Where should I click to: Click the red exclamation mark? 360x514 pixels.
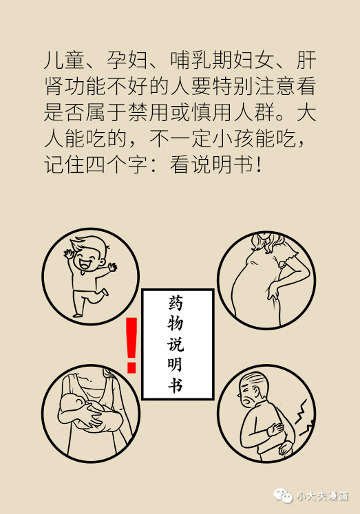131,345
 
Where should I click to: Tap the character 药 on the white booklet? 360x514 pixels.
176,303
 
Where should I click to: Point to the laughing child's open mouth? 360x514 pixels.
85,264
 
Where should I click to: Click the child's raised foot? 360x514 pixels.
105,292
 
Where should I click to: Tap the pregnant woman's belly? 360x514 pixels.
246,285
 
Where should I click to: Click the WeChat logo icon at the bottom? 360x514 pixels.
283,495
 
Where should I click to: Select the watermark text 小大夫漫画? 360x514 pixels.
322,496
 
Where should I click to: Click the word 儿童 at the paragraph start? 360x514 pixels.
65,60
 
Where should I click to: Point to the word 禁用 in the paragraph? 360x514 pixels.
149,111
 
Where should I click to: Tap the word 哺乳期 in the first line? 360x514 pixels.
201,60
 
